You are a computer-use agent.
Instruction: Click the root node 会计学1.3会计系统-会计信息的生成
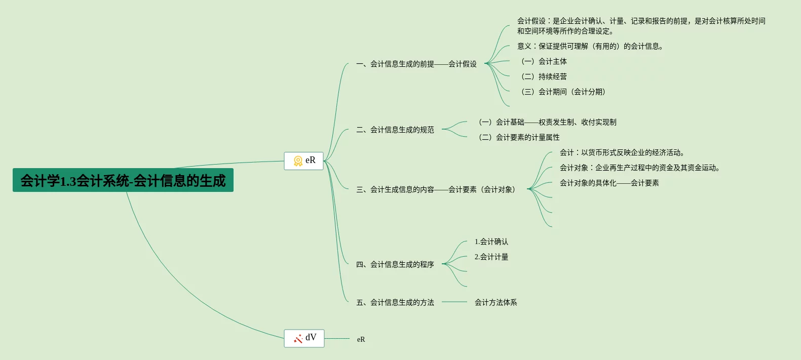point(123,180)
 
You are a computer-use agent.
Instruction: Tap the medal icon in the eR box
point(298,161)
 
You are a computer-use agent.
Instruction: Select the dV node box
point(304,338)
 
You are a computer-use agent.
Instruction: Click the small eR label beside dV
point(361,339)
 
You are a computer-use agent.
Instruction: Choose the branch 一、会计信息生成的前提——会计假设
point(416,64)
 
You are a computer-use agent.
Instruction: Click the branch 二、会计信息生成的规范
point(395,130)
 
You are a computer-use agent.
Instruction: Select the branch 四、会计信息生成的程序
point(395,264)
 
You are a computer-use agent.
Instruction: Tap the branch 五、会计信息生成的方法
point(395,302)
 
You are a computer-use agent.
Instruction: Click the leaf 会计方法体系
point(495,302)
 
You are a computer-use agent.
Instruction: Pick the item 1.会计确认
point(491,242)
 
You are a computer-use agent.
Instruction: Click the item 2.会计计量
point(491,257)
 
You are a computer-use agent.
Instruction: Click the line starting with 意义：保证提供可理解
point(590,46)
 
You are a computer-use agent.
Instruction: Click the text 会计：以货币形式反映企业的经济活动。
point(622,152)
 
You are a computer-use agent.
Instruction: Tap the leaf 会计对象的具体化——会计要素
point(609,183)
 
